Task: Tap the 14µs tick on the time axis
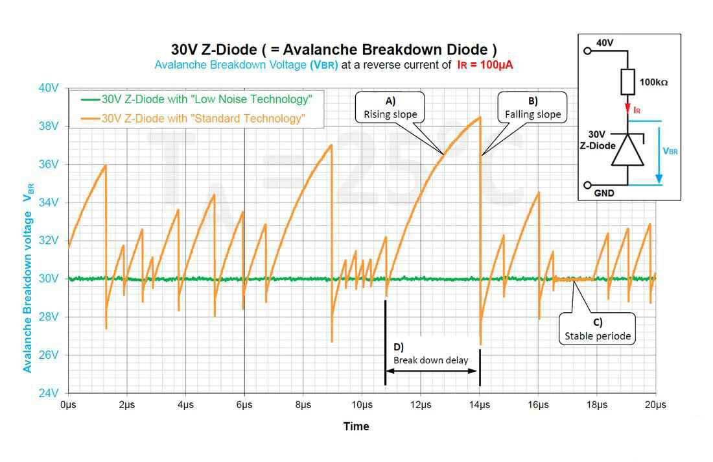[x=480, y=405]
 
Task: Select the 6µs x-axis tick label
[x=244, y=405]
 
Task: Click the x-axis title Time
[x=356, y=426]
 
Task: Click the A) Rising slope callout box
[x=390, y=108]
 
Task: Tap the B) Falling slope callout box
[x=533, y=108]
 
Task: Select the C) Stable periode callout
[x=597, y=329]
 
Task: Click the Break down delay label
[x=430, y=360]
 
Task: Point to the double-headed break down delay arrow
[x=432, y=371]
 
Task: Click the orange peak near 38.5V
[x=480, y=117]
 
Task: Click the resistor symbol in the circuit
[x=627, y=82]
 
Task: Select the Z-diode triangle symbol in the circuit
[x=627, y=151]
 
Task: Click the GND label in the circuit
[x=604, y=193]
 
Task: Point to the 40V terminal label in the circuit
[x=604, y=43]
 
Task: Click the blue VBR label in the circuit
[x=670, y=151]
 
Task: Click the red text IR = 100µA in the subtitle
[x=484, y=65]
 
